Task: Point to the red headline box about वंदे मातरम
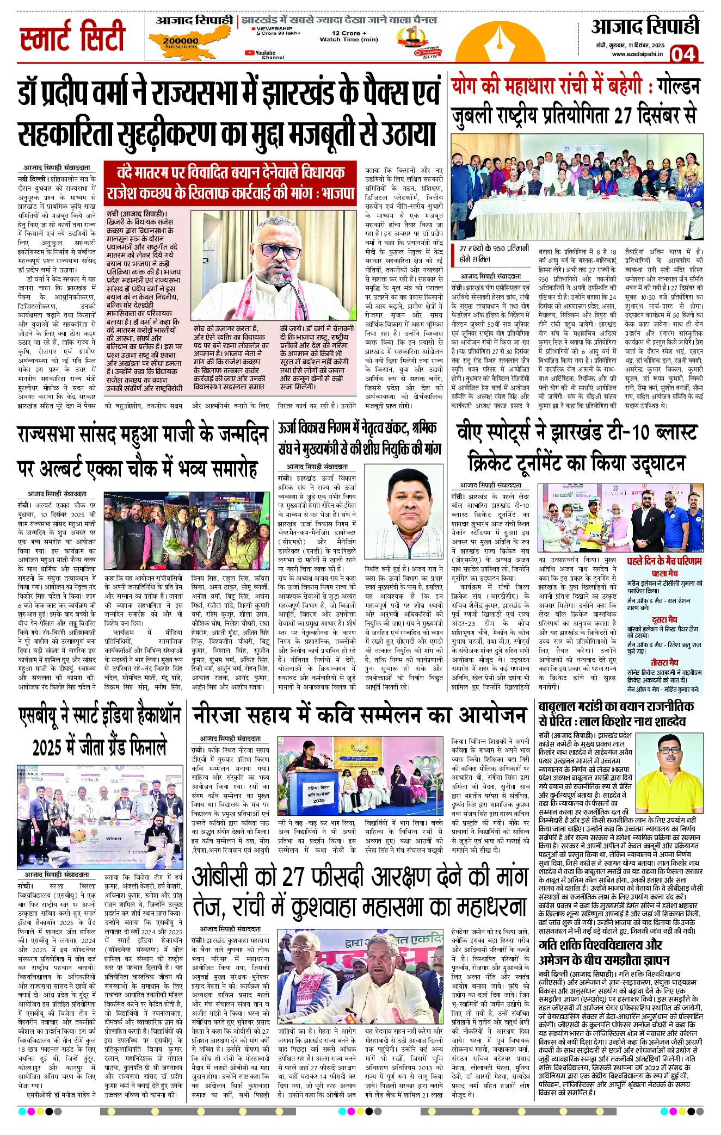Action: pyautogui.click(x=231, y=182)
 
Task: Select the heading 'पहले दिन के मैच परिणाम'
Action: pyautogui.click(x=664, y=561)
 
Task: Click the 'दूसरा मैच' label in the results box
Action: pyautogui.click(x=664, y=619)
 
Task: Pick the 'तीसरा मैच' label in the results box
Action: pyautogui.click(x=664, y=662)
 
